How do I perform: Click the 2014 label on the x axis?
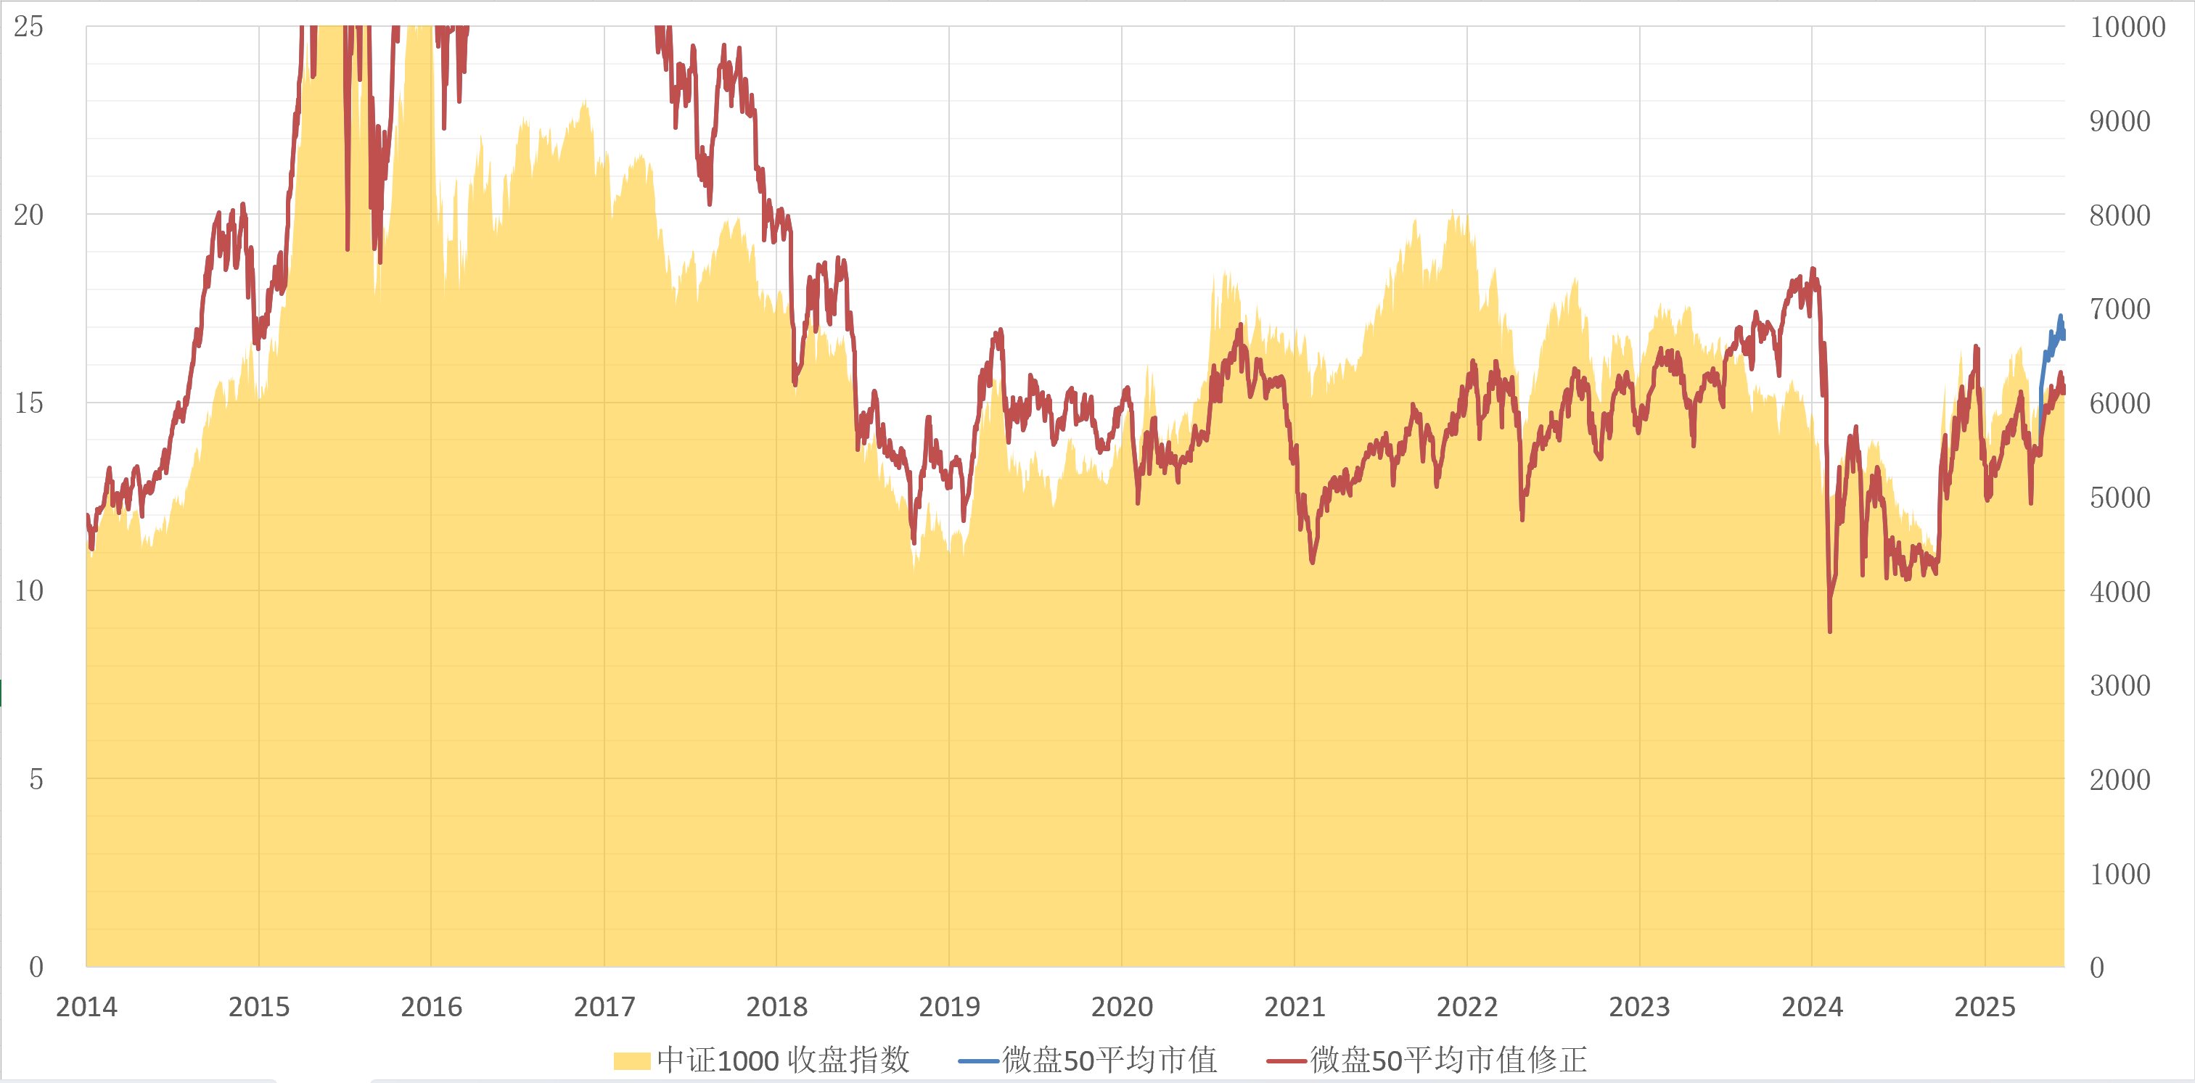86,1006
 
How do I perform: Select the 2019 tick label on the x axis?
949,1006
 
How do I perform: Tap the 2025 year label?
1985,1006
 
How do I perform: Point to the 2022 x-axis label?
1467,1006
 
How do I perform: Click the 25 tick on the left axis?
28,26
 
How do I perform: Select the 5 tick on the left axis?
36,779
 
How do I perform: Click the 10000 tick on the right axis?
2128,26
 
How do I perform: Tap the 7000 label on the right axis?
2120,308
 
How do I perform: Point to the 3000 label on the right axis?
2120,685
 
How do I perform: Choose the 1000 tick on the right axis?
2120,873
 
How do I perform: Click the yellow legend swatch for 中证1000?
631,1061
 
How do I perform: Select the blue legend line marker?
978,1061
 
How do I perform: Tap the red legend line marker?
1286,1061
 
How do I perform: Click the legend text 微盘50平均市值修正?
1448,1060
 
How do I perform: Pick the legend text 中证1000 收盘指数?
783,1060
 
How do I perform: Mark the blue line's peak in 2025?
2061,316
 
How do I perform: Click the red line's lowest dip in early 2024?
1829,630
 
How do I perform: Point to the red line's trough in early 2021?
1312,561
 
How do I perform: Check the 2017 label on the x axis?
604,1006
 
